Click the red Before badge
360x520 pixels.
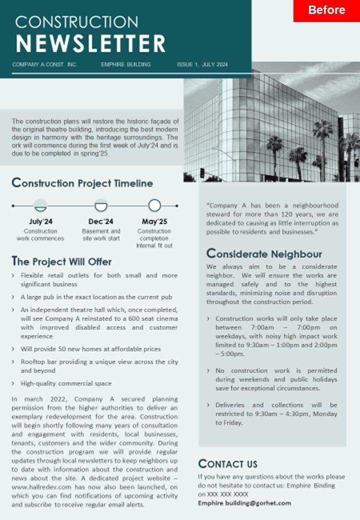pyautogui.click(x=326, y=10)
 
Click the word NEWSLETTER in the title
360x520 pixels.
pyautogui.click(x=90, y=44)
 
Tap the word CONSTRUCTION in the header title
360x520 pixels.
pyautogui.click(x=76, y=21)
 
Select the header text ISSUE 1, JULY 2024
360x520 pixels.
pyautogui.click(x=202, y=64)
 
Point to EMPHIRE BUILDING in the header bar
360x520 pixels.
pyautogui.click(x=125, y=64)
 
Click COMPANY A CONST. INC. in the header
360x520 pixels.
pyautogui.click(x=44, y=64)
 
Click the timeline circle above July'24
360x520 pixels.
pyautogui.click(x=40, y=205)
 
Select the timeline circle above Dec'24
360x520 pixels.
pyautogui.click(x=101, y=205)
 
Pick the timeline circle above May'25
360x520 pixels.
pyautogui.click(x=154, y=205)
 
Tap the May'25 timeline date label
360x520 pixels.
pyautogui.click(x=154, y=221)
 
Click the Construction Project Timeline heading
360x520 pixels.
pyautogui.click(x=82, y=183)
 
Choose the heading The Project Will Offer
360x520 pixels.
pyautogui.click(x=61, y=261)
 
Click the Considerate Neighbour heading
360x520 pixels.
pyautogui.click(x=264, y=254)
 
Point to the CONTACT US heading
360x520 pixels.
pyautogui.click(x=228, y=463)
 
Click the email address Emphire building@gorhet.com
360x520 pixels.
pyautogui.click(x=244, y=503)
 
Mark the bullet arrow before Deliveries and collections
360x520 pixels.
pyautogui.click(x=208, y=405)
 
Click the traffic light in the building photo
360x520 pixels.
pyautogui.click(x=202, y=172)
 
